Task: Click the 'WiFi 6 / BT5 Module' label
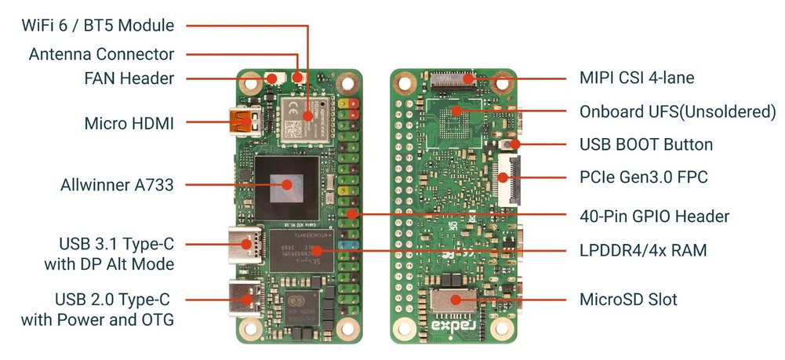(98, 25)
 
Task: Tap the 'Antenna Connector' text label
(102, 54)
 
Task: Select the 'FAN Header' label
(129, 78)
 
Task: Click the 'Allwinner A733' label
(117, 185)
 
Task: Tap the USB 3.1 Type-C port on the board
(245, 245)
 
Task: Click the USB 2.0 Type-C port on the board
(245, 300)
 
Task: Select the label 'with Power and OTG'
(97, 319)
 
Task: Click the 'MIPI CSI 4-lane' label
(637, 78)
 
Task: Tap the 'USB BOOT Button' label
(646, 144)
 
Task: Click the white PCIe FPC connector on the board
(509, 180)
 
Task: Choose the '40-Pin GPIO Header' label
(654, 216)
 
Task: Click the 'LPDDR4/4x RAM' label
(643, 250)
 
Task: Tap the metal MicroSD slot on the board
(455, 300)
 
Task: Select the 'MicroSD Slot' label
(628, 300)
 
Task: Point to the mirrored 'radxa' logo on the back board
(454, 326)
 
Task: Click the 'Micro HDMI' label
(129, 123)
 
